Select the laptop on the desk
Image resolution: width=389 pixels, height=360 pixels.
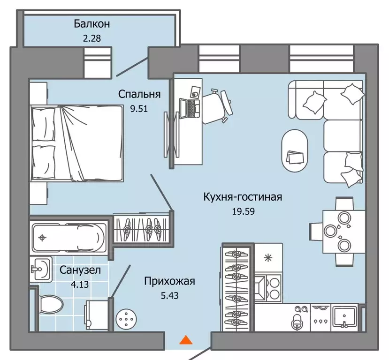tap(192, 107)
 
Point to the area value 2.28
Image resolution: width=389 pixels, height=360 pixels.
tap(91, 38)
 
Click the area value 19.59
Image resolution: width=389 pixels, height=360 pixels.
tap(243, 211)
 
